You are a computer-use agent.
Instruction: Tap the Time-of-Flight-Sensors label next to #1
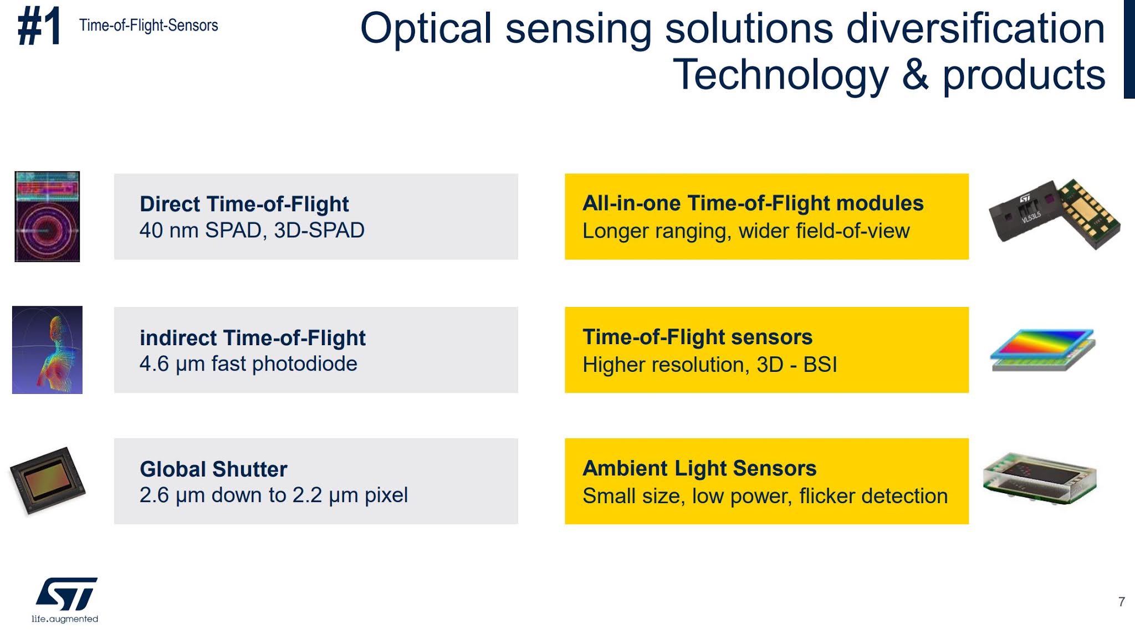149,25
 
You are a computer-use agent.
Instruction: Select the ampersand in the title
915,75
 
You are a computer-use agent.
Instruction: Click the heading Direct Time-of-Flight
244,204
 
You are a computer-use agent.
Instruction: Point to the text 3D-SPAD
319,231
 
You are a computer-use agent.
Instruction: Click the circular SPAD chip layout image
47,217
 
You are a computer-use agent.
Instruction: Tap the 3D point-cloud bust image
47,350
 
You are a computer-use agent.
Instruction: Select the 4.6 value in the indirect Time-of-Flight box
154,364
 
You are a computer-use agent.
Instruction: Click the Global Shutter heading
213,469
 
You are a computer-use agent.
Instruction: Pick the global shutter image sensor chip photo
48,480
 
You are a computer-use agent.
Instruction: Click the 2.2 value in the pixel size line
307,495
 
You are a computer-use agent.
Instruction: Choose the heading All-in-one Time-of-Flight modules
753,203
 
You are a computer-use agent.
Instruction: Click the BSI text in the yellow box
820,365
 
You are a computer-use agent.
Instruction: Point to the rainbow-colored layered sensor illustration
1042,349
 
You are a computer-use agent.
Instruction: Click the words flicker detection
873,496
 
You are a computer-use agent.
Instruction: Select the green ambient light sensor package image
1039,478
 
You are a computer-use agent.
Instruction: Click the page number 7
1121,602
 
